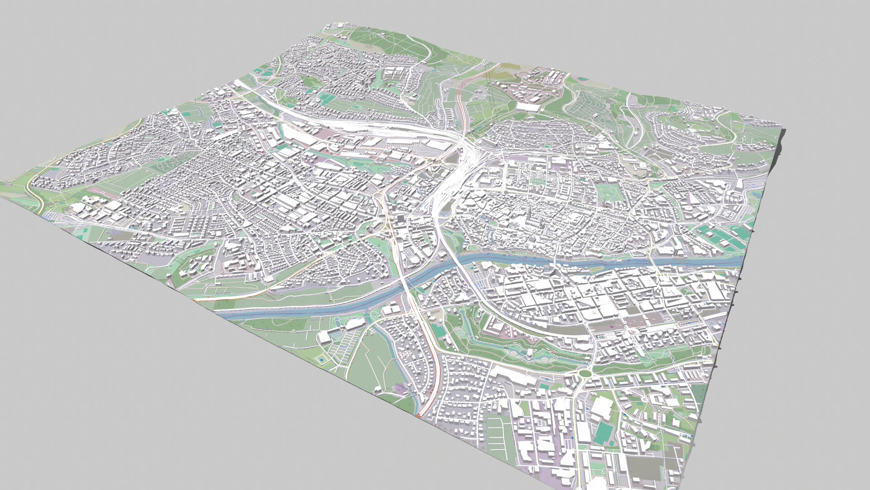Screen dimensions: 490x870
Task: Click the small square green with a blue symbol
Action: click(321, 360)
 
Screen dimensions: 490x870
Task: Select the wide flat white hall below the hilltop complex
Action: click(528, 107)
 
